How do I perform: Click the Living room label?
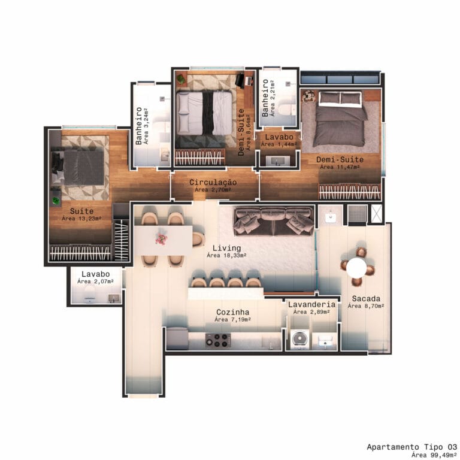click(226, 248)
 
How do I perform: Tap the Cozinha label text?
click(232, 312)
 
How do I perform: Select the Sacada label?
click(366, 299)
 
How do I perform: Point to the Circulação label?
click(213, 182)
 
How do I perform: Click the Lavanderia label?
click(311, 304)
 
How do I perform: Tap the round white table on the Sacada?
click(356, 268)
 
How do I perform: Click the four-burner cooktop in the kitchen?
click(217, 340)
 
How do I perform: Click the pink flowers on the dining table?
click(161, 239)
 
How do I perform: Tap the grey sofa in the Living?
click(274, 221)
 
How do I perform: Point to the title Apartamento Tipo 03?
click(412, 447)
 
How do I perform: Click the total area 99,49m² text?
click(434, 455)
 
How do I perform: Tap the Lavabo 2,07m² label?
click(96, 277)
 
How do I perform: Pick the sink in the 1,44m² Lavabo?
click(277, 161)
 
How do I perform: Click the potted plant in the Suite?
click(56, 201)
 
